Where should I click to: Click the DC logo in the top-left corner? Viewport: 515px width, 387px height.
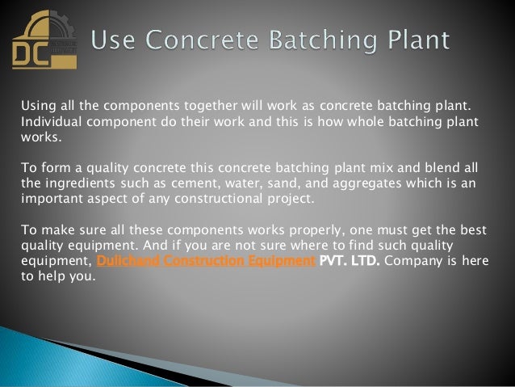point(40,41)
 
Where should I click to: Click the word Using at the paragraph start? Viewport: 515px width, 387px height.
point(36,105)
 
